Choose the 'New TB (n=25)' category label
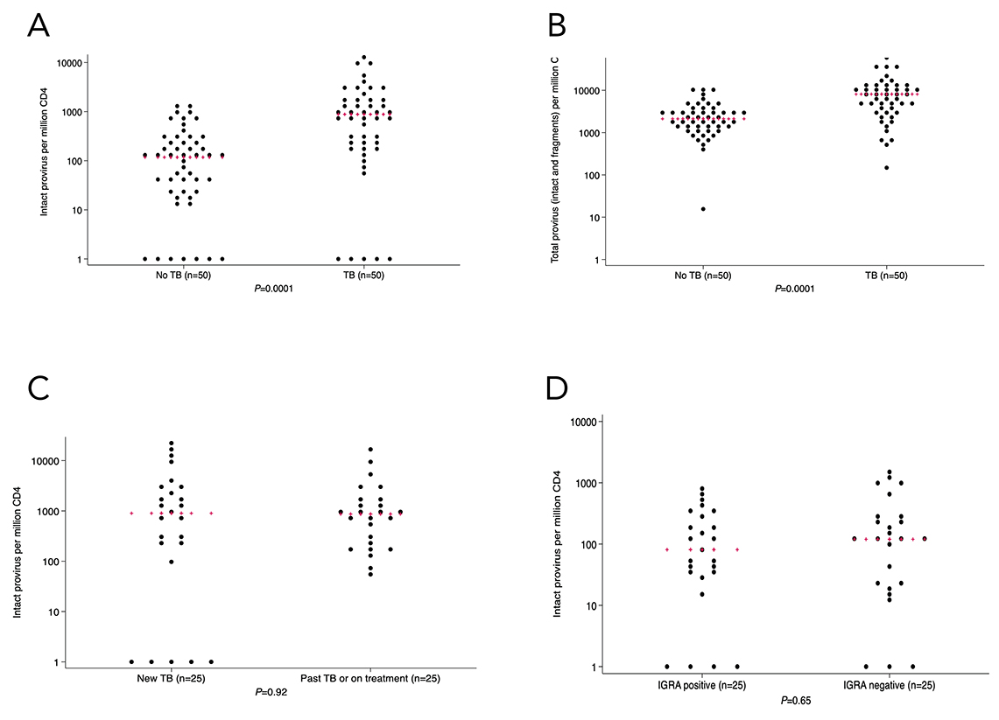pyautogui.click(x=172, y=678)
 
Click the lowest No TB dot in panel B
pyautogui.click(x=702, y=209)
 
